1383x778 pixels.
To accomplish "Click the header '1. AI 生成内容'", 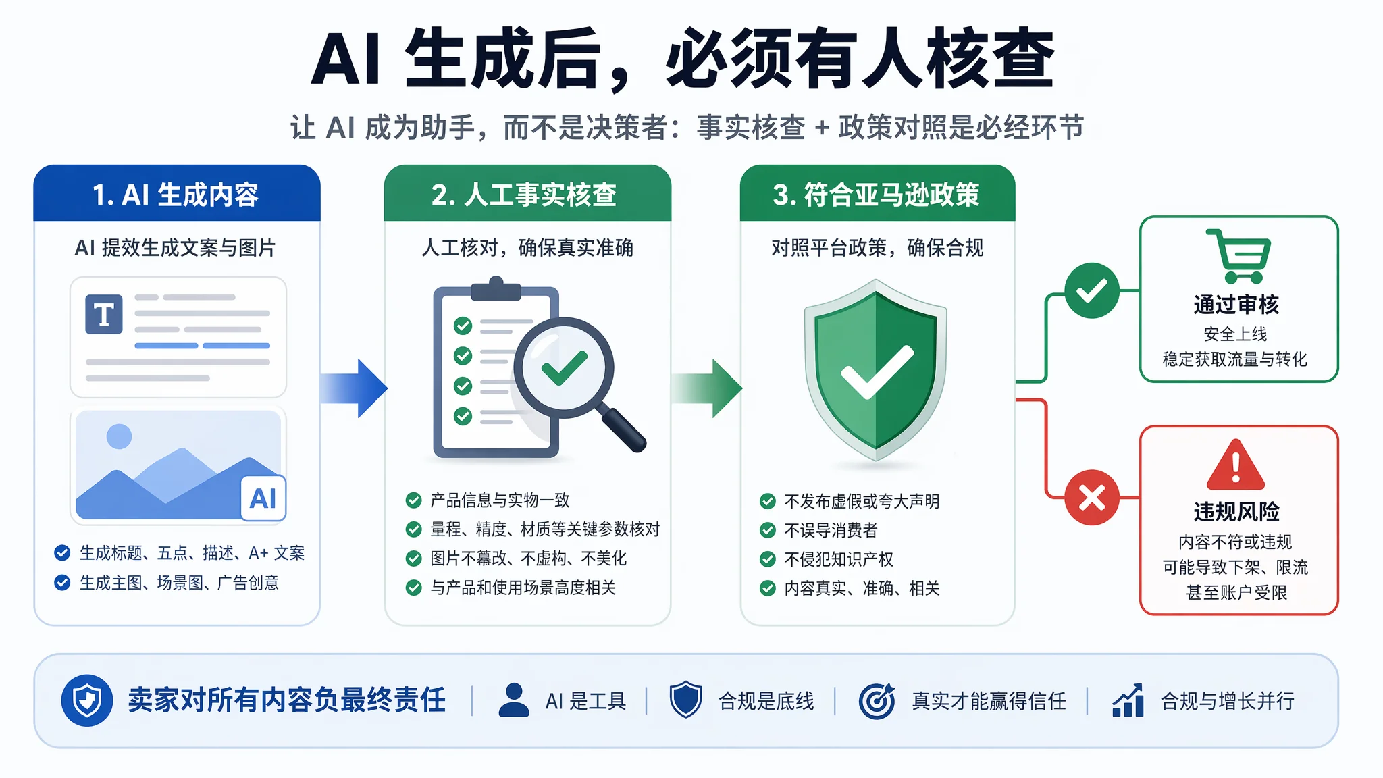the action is pos(176,194).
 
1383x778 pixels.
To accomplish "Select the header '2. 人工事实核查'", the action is pos(524,194).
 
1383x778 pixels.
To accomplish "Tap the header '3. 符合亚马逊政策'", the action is pos(877,194).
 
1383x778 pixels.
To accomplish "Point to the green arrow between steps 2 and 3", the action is pos(706,388).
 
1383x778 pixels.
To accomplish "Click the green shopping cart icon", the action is pos(1238,256).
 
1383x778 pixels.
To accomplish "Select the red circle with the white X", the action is pos(1092,498).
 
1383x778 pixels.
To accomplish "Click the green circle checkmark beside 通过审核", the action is pos(1092,290).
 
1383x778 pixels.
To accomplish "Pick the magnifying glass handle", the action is pos(622,427).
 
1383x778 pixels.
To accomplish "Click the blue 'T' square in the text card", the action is pos(104,314).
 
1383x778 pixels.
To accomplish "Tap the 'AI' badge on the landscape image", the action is pos(263,498).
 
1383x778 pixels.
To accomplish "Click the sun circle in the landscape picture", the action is pos(120,436).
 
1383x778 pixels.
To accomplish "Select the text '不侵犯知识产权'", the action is pos(839,559).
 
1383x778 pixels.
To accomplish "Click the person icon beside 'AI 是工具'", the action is pos(514,700).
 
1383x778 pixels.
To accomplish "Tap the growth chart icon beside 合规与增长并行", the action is pos(1128,700).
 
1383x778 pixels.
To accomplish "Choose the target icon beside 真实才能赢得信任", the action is pos(877,700).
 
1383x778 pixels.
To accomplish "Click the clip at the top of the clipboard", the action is pos(496,288).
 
